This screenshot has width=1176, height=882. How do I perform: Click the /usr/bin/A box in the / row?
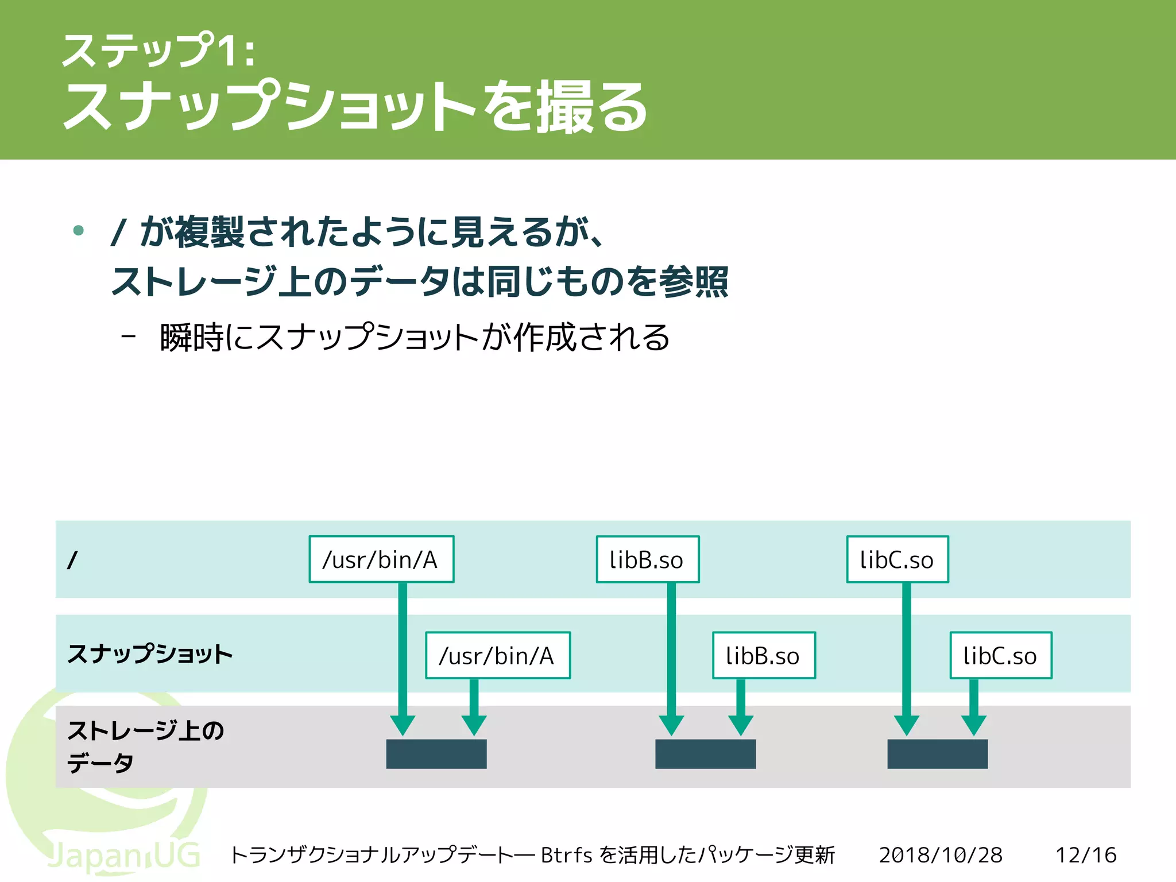click(381, 559)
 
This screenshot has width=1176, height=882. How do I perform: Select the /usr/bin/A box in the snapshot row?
click(498, 655)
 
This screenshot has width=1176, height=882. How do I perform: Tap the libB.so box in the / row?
click(647, 559)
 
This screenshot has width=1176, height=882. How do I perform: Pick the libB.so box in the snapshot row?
click(764, 655)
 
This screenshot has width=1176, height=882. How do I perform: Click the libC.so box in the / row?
click(897, 559)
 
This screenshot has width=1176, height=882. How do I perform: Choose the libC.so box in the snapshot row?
click(1000, 655)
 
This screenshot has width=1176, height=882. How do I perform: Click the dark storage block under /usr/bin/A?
click(436, 753)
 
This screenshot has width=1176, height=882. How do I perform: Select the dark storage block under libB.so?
click(705, 753)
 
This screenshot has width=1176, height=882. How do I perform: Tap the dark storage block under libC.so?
click(937, 753)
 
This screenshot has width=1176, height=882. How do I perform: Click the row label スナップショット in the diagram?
click(150, 653)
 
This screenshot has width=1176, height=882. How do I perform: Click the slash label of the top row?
click(72, 560)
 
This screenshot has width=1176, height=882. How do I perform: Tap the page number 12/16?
click(1085, 855)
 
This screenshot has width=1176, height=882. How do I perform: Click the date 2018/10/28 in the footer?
click(940, 855)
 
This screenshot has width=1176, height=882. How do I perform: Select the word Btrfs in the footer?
click(566, 855)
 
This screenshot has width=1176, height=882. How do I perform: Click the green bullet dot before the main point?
click(79, 231)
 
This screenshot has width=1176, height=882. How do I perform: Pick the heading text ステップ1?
click(158, 51)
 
